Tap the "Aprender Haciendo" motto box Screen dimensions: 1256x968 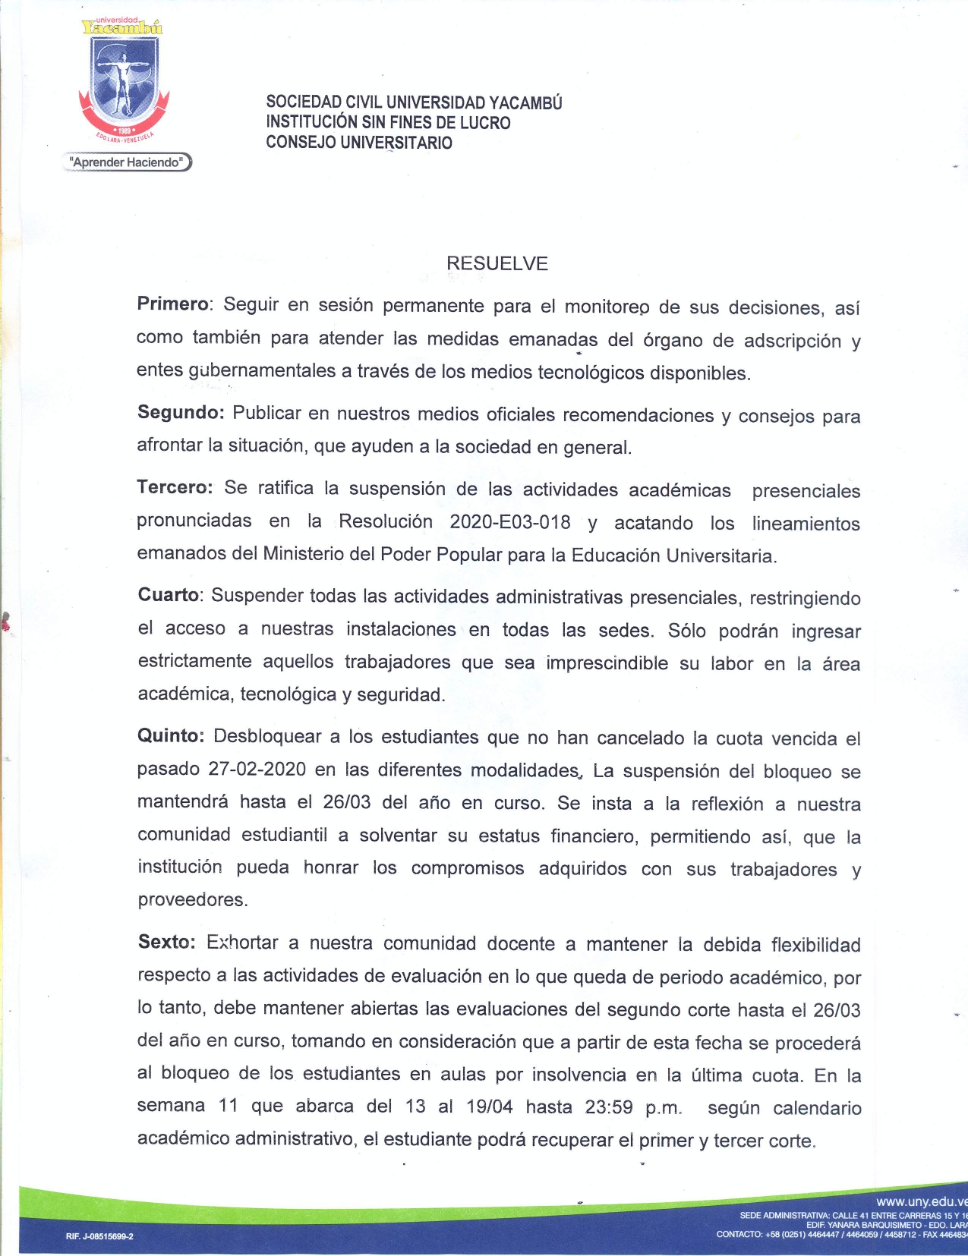pos(127,162)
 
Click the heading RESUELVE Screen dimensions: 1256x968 pos(497,263)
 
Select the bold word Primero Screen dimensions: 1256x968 pos(172,304)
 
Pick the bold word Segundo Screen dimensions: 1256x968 pos(179,412)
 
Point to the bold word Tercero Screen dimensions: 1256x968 pos(174,487)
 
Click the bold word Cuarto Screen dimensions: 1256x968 pos(169,595)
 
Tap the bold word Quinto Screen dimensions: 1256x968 pos(170,736)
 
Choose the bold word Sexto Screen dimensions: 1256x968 pos(166,942)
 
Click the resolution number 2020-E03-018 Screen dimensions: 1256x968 pos(509,522)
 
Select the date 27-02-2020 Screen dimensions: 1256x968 pos(257,769)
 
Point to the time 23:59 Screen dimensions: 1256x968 pos(608,1107)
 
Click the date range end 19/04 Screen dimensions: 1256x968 pos(489,1106)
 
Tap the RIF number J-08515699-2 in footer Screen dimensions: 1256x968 pos(99,1236)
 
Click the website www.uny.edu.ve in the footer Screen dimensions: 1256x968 pos(921,1202)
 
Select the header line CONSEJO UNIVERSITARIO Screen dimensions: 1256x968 pos(358,143)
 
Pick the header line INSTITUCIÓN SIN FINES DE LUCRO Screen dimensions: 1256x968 pos(388,122)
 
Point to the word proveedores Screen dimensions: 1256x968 pos(192,900)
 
